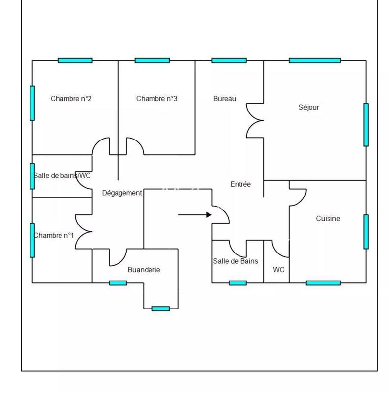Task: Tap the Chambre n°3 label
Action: click(156, 99)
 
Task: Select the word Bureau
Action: click(225, 99)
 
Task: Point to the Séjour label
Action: click(309, 107)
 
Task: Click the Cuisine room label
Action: click(328, 219)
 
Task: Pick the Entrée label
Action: click(240, 184)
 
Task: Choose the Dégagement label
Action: click(122, 193)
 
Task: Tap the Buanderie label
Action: click(144, 270)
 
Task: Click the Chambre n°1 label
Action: click(54, 236)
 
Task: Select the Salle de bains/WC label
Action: click(62, 175)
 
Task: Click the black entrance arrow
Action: click(195, 215)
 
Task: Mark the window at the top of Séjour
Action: click(315, 61)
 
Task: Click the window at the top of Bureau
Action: click(229, 61)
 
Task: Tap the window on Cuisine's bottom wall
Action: click(323, 283)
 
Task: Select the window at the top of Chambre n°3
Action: click(152, 61)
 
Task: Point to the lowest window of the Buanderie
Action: click(161, 309)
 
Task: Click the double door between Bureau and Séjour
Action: click(256, 120)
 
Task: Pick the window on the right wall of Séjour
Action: click(366, 124)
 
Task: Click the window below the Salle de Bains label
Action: click(238, 283)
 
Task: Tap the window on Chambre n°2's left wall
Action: click(32, 103)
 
